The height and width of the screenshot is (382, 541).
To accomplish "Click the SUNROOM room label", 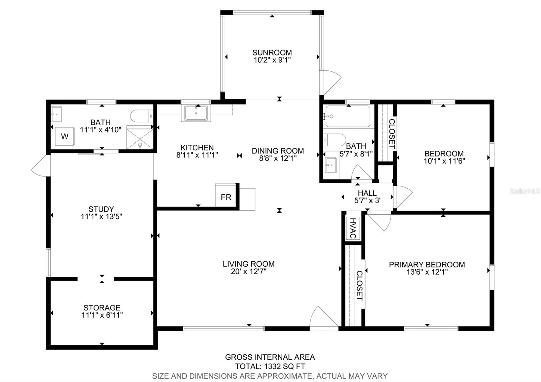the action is click(x=272, y=52).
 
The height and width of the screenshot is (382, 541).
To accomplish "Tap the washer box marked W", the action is click(x=65, y=136).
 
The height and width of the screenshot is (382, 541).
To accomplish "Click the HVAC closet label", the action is click(x=353, y=228).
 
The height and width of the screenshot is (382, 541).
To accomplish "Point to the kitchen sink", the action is click(x=196, y=113).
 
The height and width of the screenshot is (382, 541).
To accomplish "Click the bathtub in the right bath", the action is click(x=348, y=116).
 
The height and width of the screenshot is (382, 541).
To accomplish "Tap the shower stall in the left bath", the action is click(x=140, y=139).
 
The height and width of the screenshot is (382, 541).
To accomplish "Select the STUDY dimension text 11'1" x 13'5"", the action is click(x=101, y=216).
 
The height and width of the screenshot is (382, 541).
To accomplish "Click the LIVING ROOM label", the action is click(x=249, y=264).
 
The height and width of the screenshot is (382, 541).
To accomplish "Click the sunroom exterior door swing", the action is click(x=330, y=82).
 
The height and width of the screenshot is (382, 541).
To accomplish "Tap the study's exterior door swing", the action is click(x=41, y=166).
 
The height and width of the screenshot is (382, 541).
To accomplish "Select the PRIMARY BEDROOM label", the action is click(x=427, y=265).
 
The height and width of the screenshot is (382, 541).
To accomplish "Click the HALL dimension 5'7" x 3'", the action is click(x=367, y=200).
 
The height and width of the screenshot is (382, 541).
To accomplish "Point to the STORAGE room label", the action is click(x=102, y=308).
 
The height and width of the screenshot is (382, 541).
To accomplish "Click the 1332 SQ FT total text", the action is click(x=284, y=366).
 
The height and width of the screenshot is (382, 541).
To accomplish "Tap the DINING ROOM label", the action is click(x=278, y=151).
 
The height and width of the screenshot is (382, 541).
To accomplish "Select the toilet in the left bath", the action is click(x=142, y=116).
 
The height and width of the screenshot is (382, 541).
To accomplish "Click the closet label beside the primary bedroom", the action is click(x=360, y=286).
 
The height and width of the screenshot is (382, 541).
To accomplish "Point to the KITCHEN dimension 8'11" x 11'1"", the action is click(x=197, y=155).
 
